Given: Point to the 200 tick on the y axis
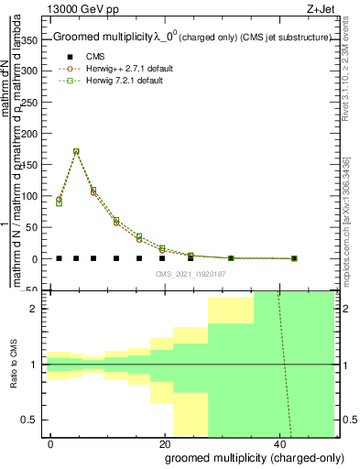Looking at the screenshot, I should [x=34, y=132].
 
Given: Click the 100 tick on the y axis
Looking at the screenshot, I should [x=34, y=195].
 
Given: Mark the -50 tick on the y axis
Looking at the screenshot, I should [x=34, y=289].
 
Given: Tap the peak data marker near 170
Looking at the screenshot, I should [x=76, y=151].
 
